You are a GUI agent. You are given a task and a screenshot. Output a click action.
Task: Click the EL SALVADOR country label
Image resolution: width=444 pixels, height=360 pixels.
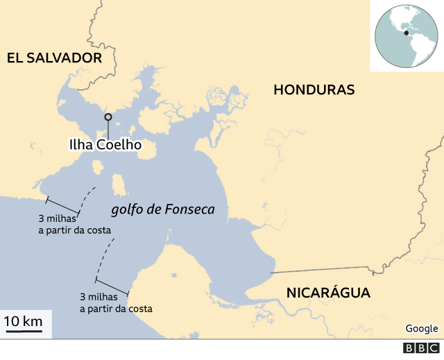point(54,58)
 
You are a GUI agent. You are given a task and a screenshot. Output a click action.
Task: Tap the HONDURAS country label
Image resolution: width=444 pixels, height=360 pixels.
point(314,89)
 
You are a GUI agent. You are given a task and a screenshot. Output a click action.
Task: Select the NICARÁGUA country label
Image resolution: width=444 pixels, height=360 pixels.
point(328,293)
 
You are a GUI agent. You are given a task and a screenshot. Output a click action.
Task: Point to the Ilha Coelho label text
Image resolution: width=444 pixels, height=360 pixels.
point(105,145)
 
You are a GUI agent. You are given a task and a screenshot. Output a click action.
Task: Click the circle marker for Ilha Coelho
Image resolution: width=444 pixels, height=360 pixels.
point(108,117)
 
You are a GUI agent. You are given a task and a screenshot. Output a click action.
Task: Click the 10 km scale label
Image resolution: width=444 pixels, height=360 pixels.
point(24,321)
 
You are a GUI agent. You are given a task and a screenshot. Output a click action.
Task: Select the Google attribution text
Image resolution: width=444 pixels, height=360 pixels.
point(421,328)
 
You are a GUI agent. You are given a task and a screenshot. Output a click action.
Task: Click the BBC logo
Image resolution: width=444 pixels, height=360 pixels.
point(421,348)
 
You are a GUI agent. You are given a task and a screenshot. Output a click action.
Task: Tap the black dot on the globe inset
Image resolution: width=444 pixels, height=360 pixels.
point(406,32)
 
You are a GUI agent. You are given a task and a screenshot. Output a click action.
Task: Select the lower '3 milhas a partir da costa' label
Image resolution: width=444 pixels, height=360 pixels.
point(116,302)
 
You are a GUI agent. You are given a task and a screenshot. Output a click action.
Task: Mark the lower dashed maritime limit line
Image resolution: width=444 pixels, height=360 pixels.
point(105,257)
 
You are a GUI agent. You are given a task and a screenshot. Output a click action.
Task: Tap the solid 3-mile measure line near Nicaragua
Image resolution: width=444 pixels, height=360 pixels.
point(112,286)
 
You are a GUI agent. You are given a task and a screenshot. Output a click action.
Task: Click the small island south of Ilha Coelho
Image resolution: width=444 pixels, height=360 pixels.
point(119,185)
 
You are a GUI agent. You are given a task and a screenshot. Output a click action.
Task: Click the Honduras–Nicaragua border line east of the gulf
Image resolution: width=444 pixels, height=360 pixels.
point(326,269)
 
